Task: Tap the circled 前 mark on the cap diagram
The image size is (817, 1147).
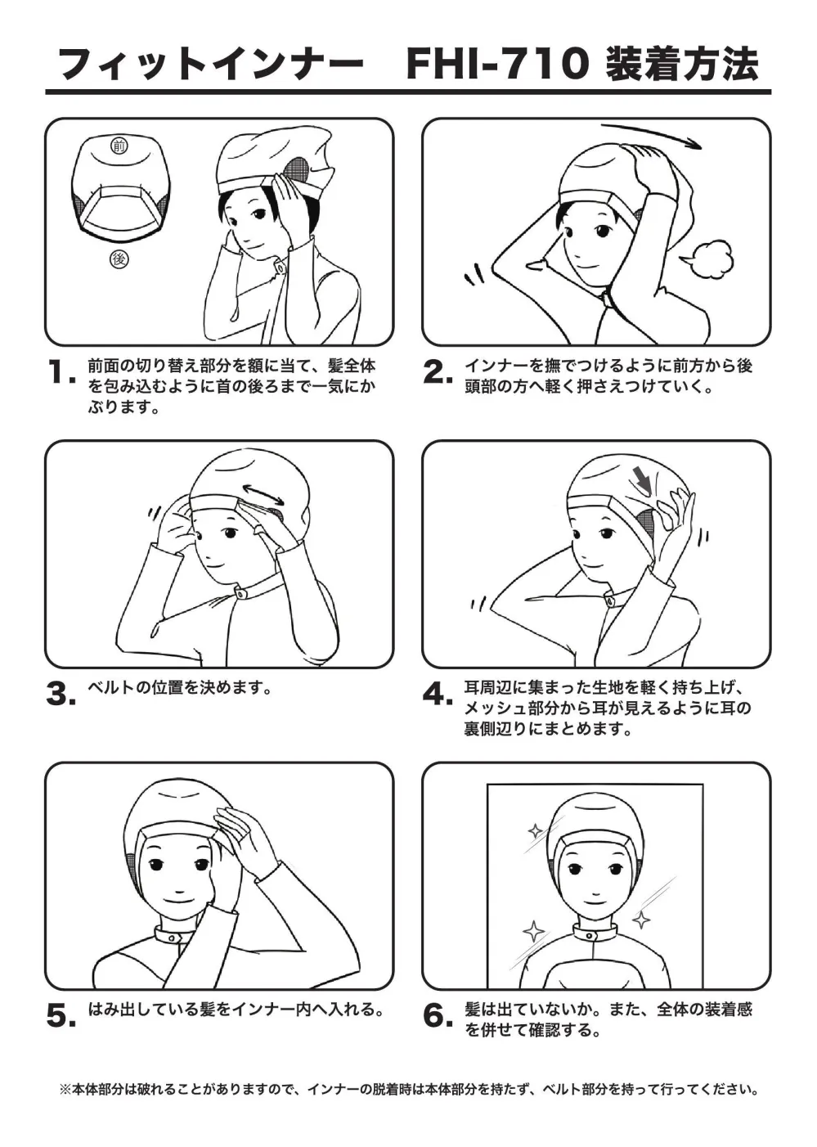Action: pyautogui.click(x=119, y=146)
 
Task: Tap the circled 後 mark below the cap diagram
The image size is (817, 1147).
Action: pyautogui.click(x=119, y=259)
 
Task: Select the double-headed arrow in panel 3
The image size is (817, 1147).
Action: pyautogui.click(x=263, y=493)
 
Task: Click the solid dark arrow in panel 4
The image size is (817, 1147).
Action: pyautogui.click(x=642, y=479)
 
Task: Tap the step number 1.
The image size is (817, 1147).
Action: pyautogui.click(x=61, y=373)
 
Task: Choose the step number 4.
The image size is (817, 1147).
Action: pyautogui.click(x=438, y=695)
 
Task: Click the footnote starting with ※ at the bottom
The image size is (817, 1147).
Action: pyautogui.click(x=409, y=1088)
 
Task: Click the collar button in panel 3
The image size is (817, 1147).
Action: pyautogui.click(x=239, y=593)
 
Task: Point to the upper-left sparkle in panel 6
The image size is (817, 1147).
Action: pyautogui.click(x=535, y=830)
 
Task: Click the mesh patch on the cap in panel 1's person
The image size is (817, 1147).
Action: pyautogui.click(x=297, y=171)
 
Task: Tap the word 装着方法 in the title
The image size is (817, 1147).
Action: pyautogui.click(x=682, y=66)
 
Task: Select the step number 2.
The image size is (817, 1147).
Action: pyautogui.click(x=438, y=373)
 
